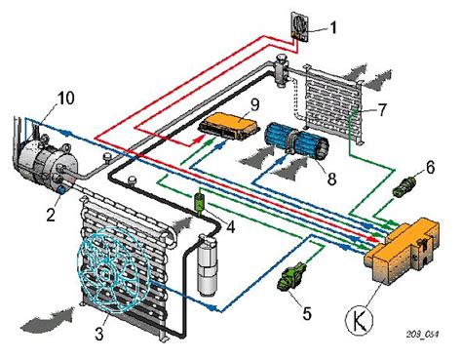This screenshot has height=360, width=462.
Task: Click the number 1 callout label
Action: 333,28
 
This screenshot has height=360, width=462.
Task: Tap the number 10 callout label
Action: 65,99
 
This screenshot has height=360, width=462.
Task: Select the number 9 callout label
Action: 254,105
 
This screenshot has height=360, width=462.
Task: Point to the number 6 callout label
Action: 430,168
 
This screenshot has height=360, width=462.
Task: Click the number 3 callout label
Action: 99,334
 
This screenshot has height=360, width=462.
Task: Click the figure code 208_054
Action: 422,335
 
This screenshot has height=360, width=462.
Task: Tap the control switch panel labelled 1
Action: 299,27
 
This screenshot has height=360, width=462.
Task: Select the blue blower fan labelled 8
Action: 296,141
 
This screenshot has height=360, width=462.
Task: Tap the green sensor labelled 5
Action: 290,276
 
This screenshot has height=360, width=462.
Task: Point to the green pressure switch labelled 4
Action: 198,203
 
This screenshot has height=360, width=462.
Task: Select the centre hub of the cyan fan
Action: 105,274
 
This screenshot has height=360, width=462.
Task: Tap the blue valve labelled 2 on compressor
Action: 61,189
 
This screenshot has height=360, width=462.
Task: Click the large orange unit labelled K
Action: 403,251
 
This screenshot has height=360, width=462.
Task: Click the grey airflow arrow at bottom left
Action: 49,319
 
